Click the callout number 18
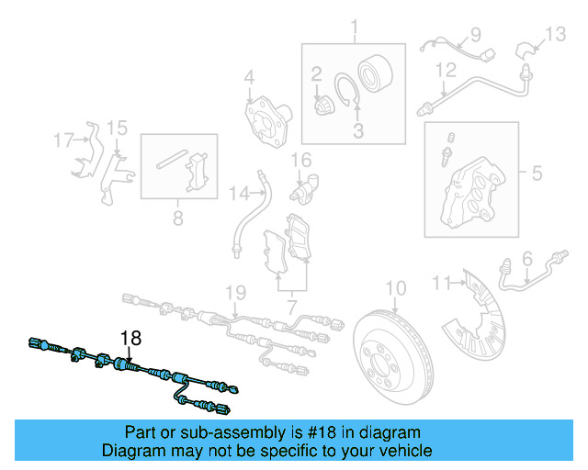coord(130,338)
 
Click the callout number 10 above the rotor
coord(394,288)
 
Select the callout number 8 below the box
coord(178,218)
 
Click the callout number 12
coord(445,70)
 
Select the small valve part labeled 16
coord(302,185)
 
